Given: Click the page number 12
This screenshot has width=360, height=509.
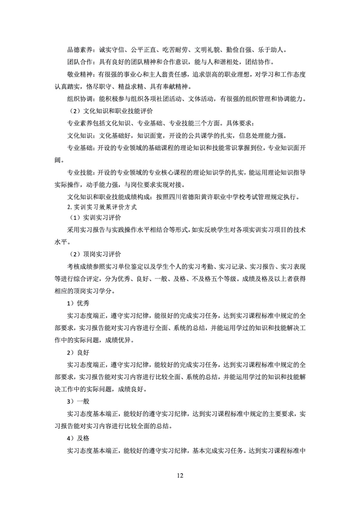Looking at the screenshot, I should click(x=180, y=476).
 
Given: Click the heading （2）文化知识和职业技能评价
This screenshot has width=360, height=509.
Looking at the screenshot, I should click(x=111, y=111).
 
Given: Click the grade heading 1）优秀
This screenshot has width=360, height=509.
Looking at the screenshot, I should click(x=78, y=303).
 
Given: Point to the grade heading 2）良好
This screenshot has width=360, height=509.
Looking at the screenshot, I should click(x=78, y=352).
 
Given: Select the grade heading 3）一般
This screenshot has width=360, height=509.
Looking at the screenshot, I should click(x=78, y=401).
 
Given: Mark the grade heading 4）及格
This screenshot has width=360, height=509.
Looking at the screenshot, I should click(x=78, y=438).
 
